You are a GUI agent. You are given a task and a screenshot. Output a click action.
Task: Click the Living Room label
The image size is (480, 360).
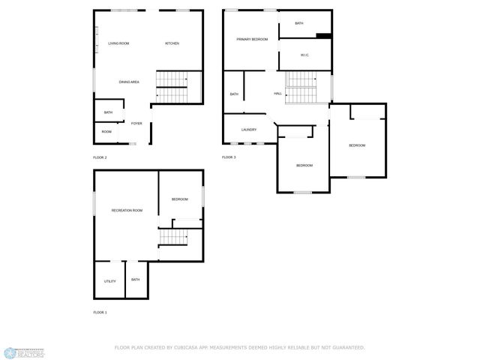(118, 43)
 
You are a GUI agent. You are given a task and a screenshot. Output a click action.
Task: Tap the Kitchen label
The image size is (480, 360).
(172, 43)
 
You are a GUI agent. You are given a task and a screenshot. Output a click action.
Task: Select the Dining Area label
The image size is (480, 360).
(129, 82)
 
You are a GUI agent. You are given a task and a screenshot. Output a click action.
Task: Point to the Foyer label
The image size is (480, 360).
(136, 123)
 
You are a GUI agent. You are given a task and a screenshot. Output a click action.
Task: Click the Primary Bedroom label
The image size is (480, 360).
(252, 39)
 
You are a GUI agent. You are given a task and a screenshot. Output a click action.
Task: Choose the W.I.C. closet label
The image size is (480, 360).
(304, 55)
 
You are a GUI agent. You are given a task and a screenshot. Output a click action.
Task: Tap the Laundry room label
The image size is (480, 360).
(250, 130)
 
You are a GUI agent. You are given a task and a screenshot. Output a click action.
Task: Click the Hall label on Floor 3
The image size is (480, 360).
(277, 94)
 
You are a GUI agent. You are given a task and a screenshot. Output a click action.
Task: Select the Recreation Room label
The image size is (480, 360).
(127, 210)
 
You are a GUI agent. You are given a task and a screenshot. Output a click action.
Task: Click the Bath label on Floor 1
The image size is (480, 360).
(136, 280)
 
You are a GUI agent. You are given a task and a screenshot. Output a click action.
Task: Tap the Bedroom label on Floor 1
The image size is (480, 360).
(179, 199)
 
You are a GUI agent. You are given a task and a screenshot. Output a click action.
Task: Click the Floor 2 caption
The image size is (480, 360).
(100, 157)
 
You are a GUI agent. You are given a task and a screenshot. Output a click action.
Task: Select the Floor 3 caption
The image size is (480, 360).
(229, 157)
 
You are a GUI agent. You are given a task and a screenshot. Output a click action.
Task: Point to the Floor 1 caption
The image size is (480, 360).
(100, 312)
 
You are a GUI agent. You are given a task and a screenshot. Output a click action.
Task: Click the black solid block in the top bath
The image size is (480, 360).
(323, 34)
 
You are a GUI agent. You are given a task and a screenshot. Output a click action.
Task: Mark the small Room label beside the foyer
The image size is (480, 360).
(106, 132)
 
